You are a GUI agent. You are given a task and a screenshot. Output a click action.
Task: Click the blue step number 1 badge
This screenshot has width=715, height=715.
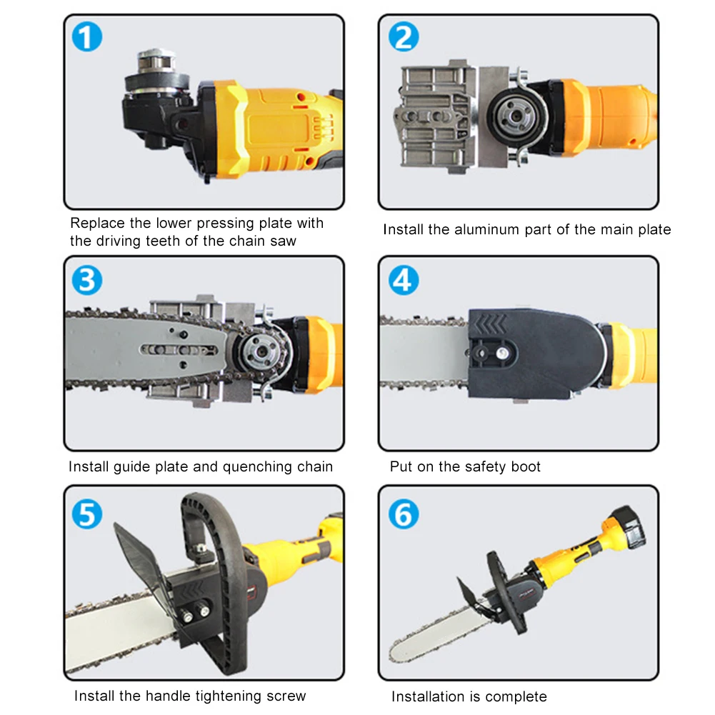(86, 36)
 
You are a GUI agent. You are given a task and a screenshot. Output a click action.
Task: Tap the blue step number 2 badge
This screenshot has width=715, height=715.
(404, 36)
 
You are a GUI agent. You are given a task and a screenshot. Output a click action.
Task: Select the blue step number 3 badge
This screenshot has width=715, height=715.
(86, 280)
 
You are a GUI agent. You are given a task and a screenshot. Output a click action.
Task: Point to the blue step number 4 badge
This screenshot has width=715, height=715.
(404, 280)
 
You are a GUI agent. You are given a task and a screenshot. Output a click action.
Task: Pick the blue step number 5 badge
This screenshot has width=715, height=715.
(86, 514)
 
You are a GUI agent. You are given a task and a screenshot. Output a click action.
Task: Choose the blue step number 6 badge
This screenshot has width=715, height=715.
(404, 514)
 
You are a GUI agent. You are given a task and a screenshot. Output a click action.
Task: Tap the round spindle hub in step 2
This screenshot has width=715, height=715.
(516, 116)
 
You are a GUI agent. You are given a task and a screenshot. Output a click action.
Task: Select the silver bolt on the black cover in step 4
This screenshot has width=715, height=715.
(502, 352)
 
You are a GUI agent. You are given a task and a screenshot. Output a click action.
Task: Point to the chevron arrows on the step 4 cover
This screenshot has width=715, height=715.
(490, 324)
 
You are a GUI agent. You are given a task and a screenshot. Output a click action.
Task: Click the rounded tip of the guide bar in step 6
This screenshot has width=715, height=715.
(396, 653)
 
